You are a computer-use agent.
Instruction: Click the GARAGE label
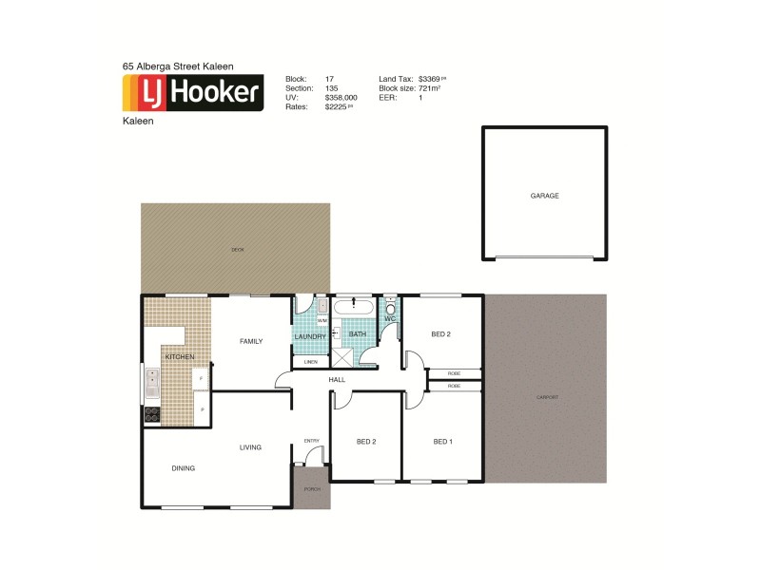click(544, 196)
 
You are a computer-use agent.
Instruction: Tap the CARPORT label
click(546, 397)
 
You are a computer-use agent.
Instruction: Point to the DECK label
click(237, 250)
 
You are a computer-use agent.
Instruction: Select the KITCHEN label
click(180, 356)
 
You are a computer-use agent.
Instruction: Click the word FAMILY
click(251, 341)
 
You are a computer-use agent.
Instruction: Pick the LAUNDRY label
click(310, 336)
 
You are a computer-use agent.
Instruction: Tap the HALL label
click(337, 380)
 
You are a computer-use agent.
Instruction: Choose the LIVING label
click(250, 447)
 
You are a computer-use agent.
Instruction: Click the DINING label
click(184, 467)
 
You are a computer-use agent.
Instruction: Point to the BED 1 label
click(442, 441)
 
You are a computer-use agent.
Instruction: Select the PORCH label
click(311, 488)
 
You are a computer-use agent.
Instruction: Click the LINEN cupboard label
click(310, 362)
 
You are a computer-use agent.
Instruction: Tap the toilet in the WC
click(390, 308)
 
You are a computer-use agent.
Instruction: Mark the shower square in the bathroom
click(340, 357)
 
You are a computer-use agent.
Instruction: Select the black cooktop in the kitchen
click(151, 414)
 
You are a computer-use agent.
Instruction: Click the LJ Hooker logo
click(193, 93)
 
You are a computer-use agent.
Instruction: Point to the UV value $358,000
click(341, 98)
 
